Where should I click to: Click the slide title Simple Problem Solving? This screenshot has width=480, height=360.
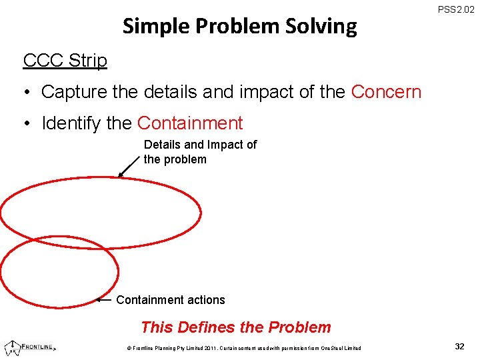239,27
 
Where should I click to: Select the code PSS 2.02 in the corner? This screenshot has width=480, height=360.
457,10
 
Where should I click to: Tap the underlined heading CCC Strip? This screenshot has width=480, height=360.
65,61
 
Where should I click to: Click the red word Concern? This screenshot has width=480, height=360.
386,92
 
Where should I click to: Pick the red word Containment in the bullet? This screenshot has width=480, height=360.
190,123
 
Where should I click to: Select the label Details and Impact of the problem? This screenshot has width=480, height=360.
200,152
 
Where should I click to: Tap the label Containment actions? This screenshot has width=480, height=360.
171,300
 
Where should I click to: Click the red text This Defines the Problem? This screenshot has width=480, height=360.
236,327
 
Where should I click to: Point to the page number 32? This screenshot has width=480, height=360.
459,347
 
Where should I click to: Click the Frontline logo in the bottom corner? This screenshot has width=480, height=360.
30,347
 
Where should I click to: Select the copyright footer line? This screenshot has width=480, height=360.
239,348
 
